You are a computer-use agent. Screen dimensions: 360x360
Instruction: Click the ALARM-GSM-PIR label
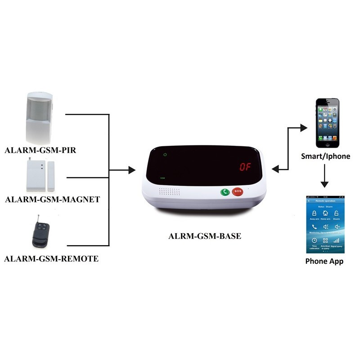40,150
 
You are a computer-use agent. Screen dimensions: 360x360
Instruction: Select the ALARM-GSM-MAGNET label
52,199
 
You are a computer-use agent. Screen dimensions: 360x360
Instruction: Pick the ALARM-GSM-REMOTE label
51,259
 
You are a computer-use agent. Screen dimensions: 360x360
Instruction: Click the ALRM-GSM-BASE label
205,235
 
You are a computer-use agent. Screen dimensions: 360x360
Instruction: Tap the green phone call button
225,192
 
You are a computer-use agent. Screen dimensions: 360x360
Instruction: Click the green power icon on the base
166,155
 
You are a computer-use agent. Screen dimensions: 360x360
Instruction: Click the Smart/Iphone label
325,157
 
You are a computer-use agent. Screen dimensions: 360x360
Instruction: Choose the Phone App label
324,261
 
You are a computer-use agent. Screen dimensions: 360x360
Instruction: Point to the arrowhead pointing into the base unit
132,170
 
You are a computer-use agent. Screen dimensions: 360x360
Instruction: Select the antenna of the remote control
39,218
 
